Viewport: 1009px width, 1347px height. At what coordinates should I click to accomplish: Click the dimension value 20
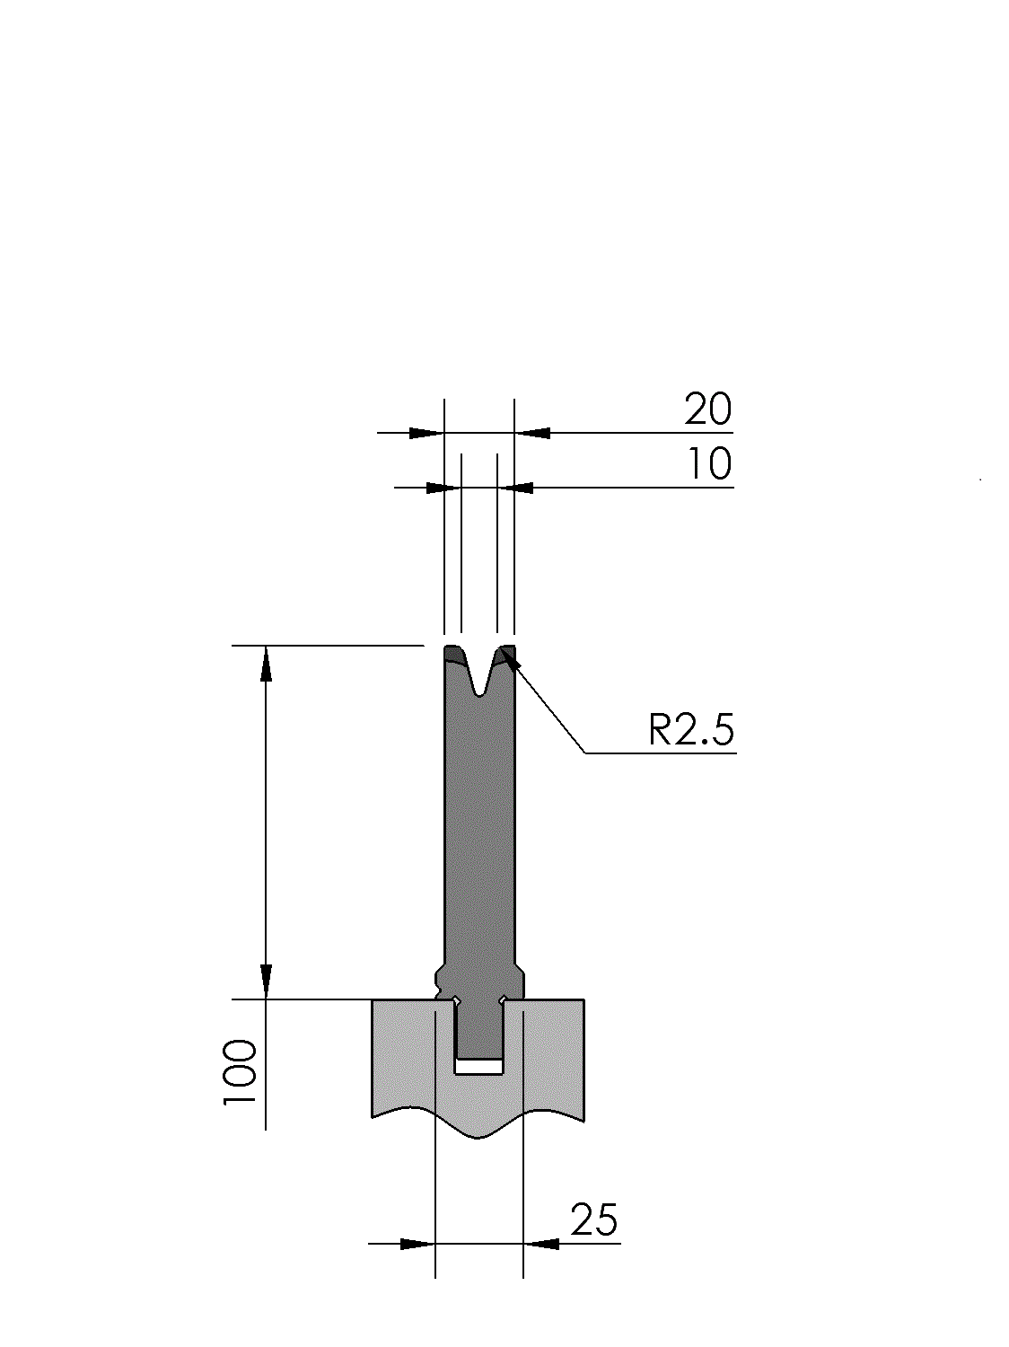point(707,409)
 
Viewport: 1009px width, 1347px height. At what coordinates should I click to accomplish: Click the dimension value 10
point(709,464)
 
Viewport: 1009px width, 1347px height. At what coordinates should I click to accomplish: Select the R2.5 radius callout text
point(690,729)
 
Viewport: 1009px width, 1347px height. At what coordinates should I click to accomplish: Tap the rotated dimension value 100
point(240,1071)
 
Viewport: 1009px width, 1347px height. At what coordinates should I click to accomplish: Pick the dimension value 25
point(593,1220)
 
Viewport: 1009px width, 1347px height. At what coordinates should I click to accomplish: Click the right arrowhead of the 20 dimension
point(532,433)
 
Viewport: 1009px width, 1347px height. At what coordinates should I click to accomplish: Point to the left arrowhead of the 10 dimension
point(443,488)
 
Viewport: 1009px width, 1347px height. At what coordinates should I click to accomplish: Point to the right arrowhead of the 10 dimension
point(515,488)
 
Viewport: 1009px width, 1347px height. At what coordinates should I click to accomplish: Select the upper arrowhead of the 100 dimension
point(266,664)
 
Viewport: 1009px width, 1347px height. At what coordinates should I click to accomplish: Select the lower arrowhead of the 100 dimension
point(266,981)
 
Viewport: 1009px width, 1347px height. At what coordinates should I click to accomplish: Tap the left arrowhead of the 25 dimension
point(417,1244)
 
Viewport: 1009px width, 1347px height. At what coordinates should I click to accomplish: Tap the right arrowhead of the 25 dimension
point(541,1244)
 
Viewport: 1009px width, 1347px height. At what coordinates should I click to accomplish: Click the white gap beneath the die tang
point(478,1067)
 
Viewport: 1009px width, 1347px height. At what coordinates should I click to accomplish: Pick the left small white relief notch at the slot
point(456,1000)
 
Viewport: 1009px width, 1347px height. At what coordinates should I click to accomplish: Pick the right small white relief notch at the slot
point(502,999)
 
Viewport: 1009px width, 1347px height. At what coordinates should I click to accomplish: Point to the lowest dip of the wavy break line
point(478,1138)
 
